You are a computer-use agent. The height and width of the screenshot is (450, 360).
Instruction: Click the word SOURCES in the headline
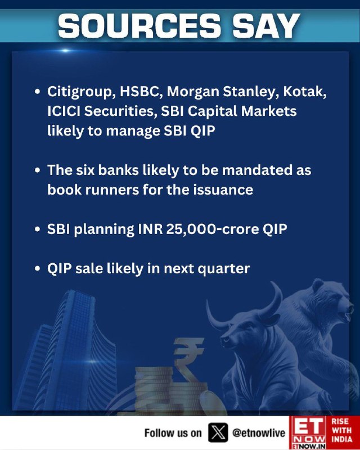tap(139, 26)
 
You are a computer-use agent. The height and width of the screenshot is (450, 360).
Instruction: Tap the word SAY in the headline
tap(266, 26)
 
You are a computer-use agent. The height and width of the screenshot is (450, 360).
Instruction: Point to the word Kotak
tap(305, 92)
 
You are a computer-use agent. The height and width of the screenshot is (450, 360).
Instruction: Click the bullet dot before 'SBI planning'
tap(37, 229)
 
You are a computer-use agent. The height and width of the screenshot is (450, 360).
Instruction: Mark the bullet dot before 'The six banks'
tap(37, 170)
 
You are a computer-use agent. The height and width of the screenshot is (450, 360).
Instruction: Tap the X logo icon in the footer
tap(218, 432)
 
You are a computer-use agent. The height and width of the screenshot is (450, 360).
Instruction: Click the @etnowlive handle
tap(259, 433)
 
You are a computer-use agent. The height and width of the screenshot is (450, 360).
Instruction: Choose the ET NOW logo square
tap(308, 433)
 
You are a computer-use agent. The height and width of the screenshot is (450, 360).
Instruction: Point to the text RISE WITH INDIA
tap(342, 430)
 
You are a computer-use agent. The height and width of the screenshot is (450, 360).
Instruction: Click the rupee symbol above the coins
tap(188, 357)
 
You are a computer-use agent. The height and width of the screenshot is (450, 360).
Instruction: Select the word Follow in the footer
tap(158, 433)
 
